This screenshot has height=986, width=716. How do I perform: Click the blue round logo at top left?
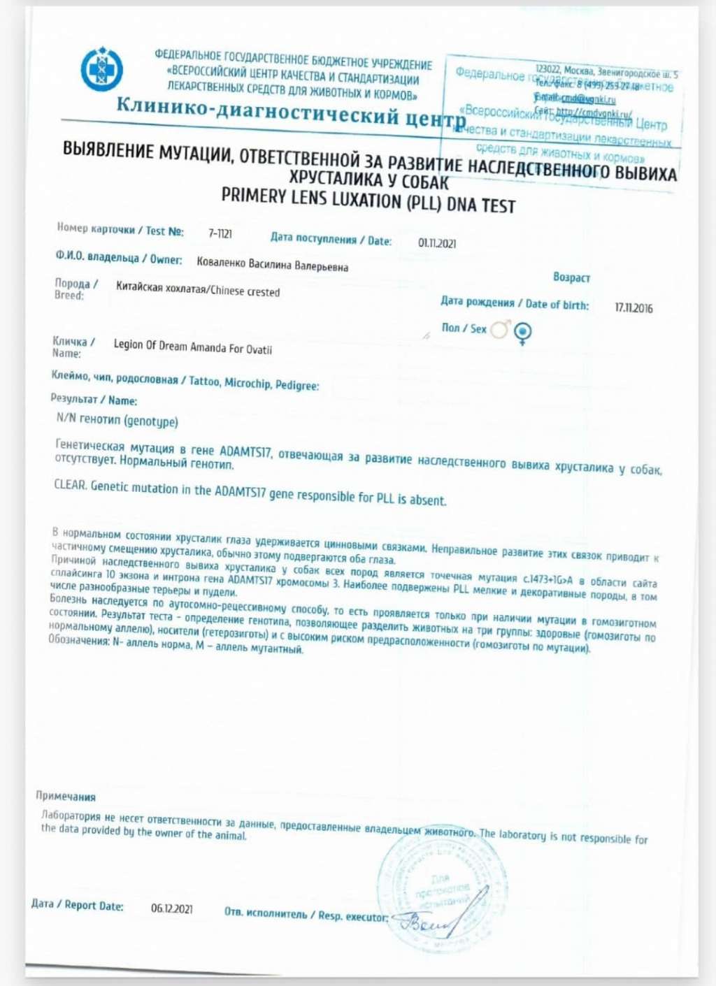click(101, 69)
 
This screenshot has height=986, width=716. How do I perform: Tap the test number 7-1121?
click(220, 233)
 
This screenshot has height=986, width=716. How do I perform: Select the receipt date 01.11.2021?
click(437, 243)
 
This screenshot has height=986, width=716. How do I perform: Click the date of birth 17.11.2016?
click(633, 308)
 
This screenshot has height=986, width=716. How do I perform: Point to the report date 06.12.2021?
click(172, 908)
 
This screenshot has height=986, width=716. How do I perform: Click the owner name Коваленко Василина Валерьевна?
click(272, 264)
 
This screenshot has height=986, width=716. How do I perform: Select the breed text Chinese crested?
click(245, 291)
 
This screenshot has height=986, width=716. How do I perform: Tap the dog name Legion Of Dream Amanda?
click(192, 347)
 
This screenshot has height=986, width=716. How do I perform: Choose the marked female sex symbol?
click(523, 333)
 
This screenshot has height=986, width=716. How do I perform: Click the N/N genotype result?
click(117, 421)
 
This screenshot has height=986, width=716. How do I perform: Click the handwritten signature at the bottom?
click(430, 924)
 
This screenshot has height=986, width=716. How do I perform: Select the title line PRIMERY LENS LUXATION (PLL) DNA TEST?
click(368, 201)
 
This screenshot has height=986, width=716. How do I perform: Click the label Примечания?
click(66, 796)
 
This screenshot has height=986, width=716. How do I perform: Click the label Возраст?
click(571, 277)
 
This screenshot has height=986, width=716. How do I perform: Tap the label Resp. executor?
click(352, 915)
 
